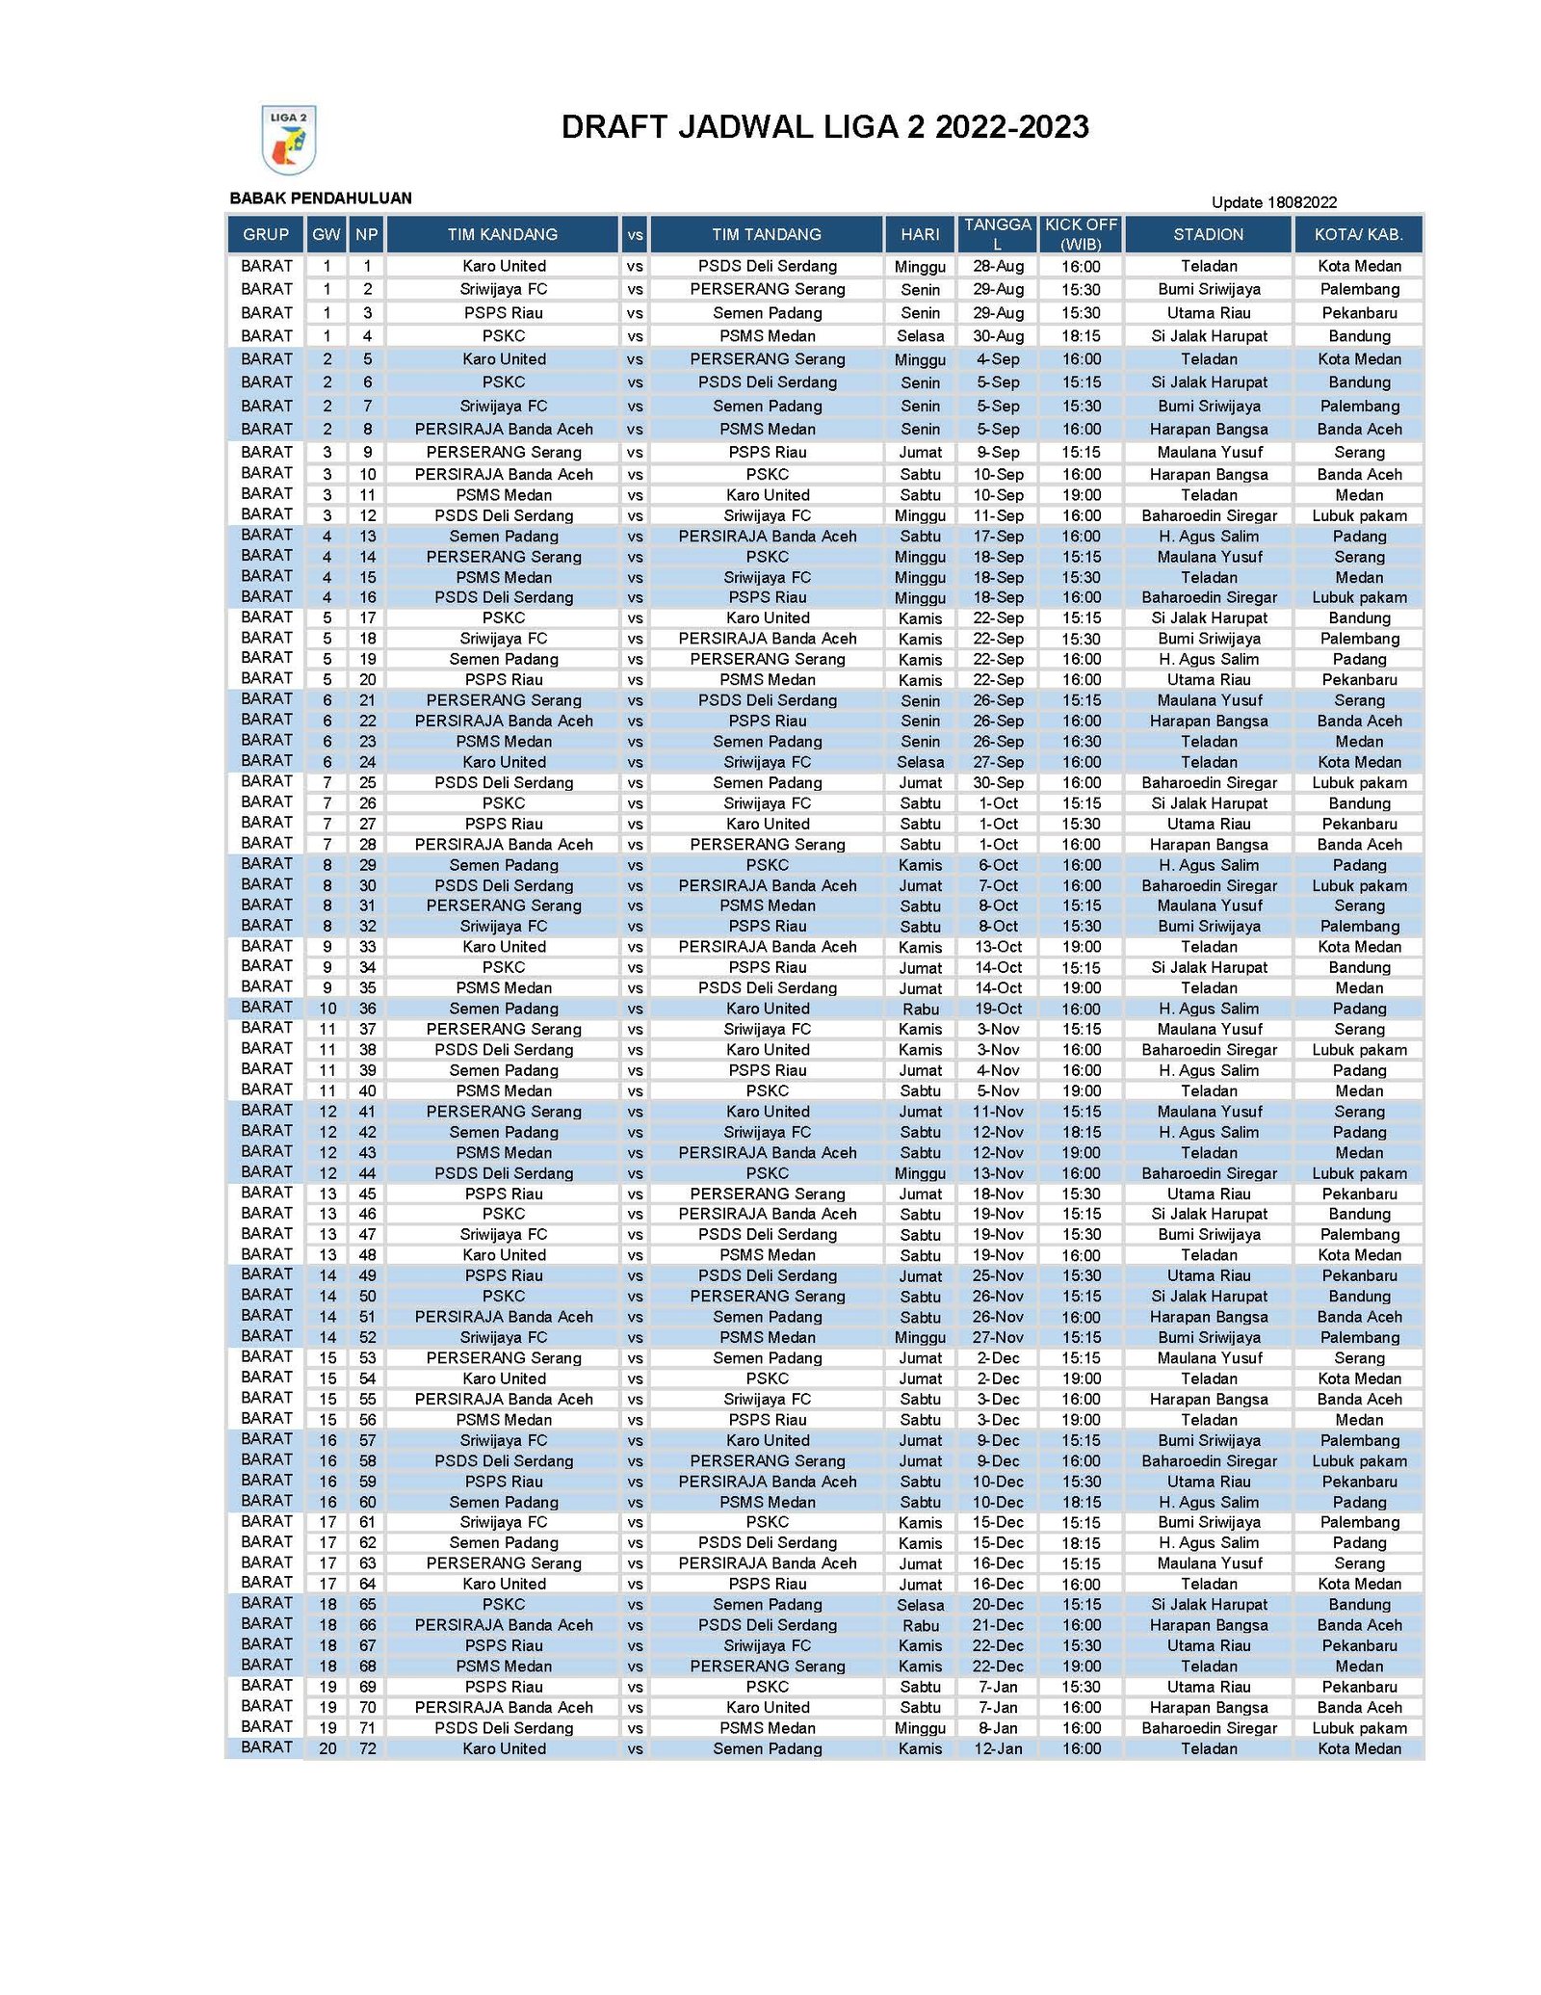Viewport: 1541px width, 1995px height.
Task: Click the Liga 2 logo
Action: [x=289, y=140]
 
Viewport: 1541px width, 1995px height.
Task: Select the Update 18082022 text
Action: [x=1273, y=202]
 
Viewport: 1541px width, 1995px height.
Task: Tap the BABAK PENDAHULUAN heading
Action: [x=321, y=198]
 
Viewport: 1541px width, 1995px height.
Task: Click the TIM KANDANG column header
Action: [x=502, y=234]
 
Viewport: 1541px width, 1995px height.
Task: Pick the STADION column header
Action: [x=1208, y=234]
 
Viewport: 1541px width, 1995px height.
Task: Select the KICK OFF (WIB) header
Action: [x=1081, y=234]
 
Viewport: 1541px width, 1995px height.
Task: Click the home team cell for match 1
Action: [x=504, y=266]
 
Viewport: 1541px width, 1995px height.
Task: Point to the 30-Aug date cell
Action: [x=998, y=336]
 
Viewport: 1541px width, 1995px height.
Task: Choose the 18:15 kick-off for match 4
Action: [x=1081, y=336]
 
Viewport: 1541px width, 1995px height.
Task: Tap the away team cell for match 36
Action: [x=768, y=1009]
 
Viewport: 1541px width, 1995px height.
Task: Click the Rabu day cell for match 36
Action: [x=920, y=1010]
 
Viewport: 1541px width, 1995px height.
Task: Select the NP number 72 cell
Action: [x=367, y=1748]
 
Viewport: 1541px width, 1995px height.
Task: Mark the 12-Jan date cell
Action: [x=998, y=1748]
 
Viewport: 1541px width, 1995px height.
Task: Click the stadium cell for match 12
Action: [x=1209, y=515]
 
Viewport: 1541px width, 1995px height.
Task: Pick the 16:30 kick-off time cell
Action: [x=1081, y=742]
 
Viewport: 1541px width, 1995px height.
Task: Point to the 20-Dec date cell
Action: [x=998, y=1605]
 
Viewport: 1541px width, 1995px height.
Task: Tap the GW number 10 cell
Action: [x=327, y=1009]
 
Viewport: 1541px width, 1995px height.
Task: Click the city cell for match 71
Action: [x=1359, y=1728]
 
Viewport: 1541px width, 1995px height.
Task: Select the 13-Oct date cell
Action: [x=998, y=947]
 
